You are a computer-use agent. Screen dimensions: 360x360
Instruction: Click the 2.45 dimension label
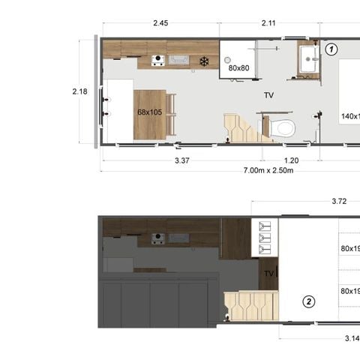point(160,23)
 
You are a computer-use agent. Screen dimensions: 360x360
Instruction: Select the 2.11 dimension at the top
point(269,23)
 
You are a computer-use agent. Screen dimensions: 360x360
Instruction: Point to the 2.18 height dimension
point(79,91)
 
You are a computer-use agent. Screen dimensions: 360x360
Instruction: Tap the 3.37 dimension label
point(181,160)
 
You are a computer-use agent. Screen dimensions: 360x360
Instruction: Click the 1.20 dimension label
point(291,160)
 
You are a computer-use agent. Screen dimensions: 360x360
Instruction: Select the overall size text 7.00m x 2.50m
point(268,170)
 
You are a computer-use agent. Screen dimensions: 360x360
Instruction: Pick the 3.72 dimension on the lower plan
point(339,201)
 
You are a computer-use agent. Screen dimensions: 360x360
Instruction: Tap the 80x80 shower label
point(238,68)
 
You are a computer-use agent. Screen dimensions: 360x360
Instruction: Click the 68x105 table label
point(150,112)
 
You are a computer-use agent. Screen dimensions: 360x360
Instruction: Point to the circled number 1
point(331,49)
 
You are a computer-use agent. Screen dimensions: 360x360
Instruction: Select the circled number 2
point(308,302)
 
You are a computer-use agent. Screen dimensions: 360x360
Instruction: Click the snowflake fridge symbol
point(203,61)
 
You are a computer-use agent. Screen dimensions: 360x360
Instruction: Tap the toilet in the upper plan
point(282,127)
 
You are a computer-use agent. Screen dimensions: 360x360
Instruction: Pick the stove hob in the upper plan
point(158,60)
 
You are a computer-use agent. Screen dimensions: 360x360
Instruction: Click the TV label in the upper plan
point(268,96)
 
